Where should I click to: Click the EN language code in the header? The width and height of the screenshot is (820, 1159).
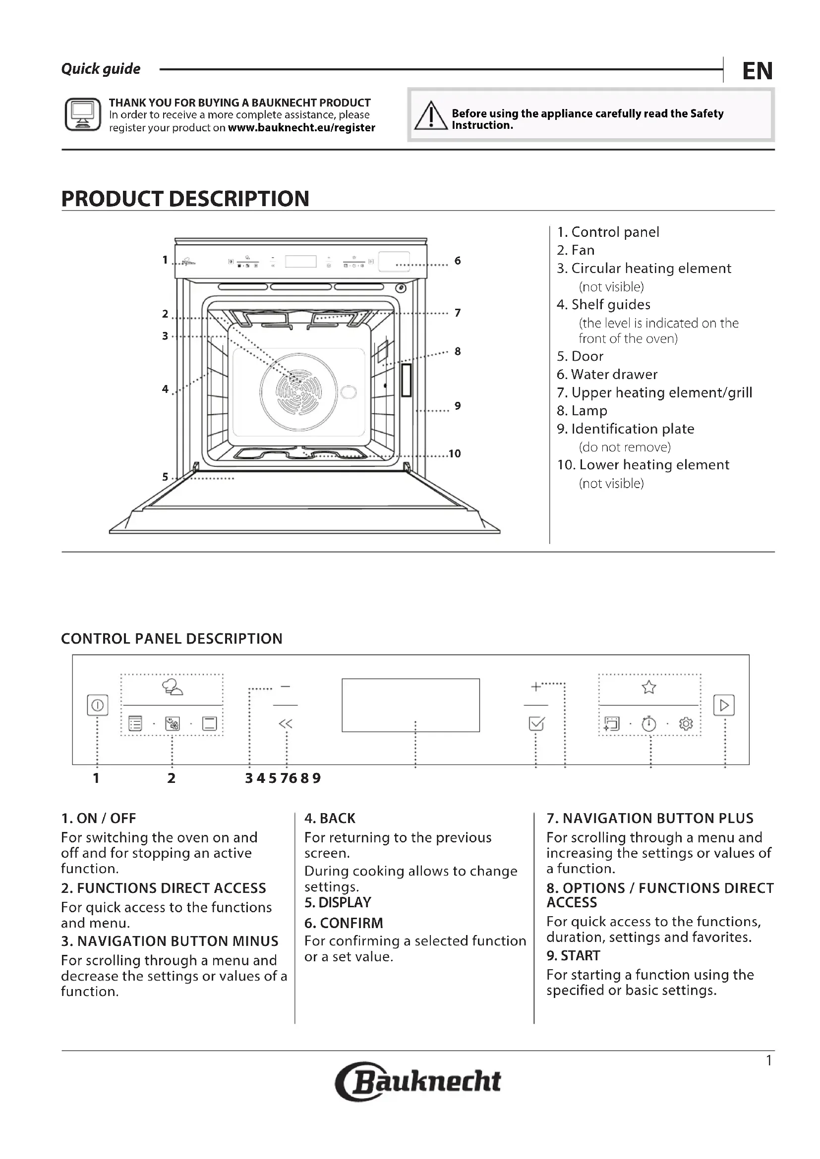point(757,71)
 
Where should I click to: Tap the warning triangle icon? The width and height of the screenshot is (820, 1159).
point(431,115)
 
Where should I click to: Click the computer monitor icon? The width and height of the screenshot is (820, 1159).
point(83,114)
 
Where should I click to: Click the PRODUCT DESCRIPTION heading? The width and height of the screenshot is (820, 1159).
point(185,199)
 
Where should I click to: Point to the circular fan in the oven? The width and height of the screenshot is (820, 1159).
point(298,390)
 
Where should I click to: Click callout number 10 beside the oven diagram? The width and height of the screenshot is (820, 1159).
point(455,453)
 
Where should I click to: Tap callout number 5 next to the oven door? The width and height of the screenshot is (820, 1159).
point(165,477)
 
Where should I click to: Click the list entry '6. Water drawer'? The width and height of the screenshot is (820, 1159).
point(607,374)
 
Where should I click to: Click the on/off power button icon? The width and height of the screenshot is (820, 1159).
point(98,705)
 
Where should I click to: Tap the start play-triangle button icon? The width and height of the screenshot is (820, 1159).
point(723,705)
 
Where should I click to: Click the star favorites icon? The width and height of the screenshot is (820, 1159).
point(649,687)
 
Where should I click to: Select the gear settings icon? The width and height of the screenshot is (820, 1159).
point(686,724)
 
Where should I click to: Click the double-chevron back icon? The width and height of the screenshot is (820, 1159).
point(285,724)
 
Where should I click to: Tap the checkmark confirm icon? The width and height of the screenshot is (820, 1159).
point(536,724)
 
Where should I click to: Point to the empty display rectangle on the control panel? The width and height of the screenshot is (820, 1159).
point(410,705)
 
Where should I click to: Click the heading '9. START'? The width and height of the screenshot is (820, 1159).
point(573,955)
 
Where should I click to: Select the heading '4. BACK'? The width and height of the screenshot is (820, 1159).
point(330,818)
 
